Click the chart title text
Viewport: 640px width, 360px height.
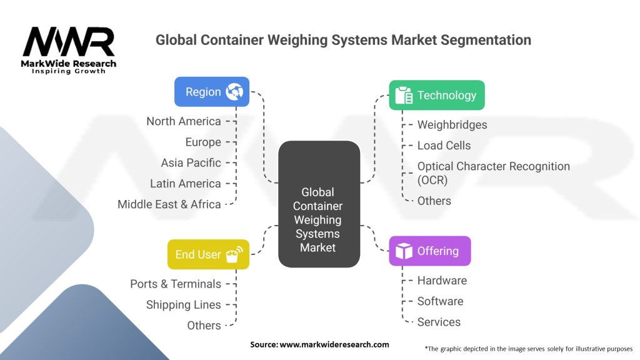[343, 40]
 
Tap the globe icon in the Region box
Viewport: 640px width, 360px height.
[235, 91]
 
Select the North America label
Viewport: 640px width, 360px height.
[184, 121]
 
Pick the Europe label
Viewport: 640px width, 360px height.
[203, 142]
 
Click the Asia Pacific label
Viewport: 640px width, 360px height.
[191, 162]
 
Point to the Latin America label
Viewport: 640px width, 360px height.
[186, 184]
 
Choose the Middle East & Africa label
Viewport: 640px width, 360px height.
[169, 204]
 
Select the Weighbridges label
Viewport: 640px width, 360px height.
[452, 124]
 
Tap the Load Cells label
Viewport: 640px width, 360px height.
[444, 146]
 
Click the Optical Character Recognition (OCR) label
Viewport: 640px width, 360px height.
[493, 173]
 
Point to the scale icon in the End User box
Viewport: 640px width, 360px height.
[235, 254]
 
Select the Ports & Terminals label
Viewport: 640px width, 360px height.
[176, 284]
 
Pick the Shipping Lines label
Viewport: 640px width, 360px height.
[184, 305]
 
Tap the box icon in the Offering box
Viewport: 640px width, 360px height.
[404, 251]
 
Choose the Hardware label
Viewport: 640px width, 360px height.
[442, 281]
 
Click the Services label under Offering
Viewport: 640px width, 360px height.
[439, 322]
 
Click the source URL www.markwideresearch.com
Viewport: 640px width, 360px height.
[319, 344]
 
